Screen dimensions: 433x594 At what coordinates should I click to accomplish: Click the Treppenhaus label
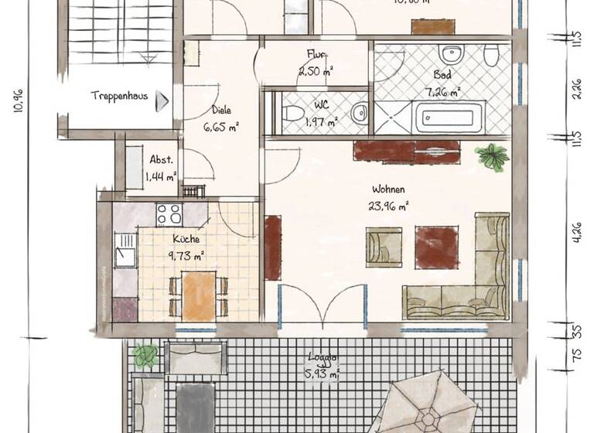[x=120, y=97]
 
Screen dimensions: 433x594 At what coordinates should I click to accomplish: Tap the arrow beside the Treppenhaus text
[x=163, y=98]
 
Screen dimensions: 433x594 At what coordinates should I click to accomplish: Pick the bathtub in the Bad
[x=450, y=118]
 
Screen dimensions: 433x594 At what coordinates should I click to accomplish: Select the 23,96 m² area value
[x=389, y=206]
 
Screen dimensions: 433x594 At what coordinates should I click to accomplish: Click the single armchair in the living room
[x=384, y=247]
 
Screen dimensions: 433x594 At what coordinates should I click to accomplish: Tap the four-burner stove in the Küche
[x=169, y=213]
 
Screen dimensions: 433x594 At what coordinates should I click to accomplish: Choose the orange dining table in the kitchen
[x=199, y=296]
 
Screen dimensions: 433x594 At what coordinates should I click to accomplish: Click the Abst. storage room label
[x=161, y=160]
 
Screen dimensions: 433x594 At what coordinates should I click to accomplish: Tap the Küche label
[x=186, y=240]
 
